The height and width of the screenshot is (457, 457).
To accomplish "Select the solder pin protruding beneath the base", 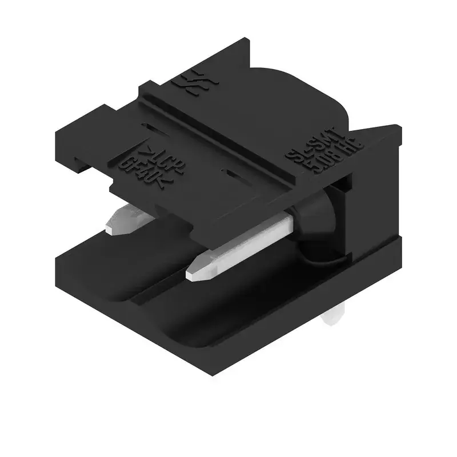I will [x=334, y=318].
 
